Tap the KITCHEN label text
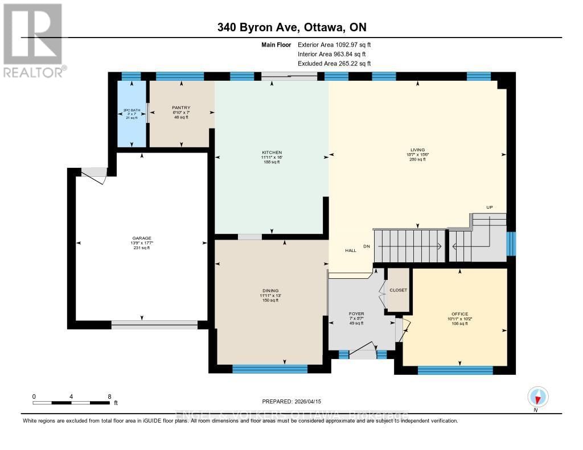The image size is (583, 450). [272, 153]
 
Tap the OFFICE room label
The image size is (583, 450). [459, 314]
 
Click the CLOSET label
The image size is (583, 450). [398, 290]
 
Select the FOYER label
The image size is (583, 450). [356, 313]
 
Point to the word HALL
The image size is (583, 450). [351, 251]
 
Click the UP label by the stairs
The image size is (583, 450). [488, 207]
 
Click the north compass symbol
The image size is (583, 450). [538, 396]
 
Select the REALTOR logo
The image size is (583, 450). [34, 40]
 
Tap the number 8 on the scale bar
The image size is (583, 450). [109, 396]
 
